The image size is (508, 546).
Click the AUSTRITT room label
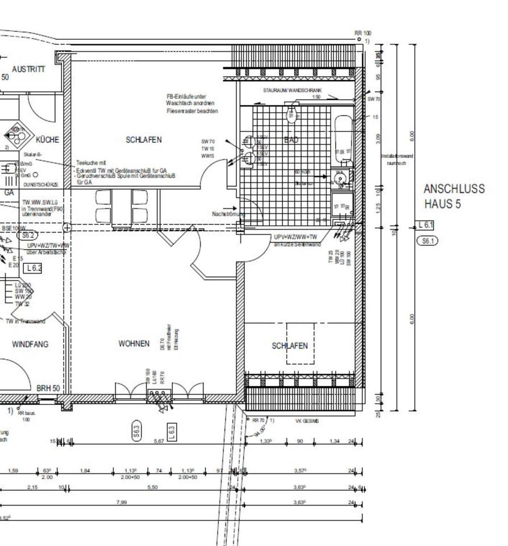tap(28, 68)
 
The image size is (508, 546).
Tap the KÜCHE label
tap(47, 139)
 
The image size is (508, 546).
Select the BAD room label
tap(291, 140)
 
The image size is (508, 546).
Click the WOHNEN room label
tap(134, 344)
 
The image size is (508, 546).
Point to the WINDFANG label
tap(30, 344)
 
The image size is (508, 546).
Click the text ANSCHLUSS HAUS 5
tap(454, 196)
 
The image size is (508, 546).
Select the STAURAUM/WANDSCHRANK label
tap(293, 90)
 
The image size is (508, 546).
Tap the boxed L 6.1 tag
tap(426, 225)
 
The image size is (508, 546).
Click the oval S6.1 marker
tap(427, 241)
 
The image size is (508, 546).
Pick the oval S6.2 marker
tap(27, 235)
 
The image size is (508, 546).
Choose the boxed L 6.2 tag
tap(34, 267)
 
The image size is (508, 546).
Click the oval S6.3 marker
tap(136, 431)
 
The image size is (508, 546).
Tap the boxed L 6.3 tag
tap(172, 431)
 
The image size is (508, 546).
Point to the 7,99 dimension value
tap(121, 502)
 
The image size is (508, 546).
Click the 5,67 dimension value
tap(159, 440)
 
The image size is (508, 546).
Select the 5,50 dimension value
tap(152, 487)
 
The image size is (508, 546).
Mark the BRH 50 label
tap(48, 388)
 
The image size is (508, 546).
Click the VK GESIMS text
tap(307, 421)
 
